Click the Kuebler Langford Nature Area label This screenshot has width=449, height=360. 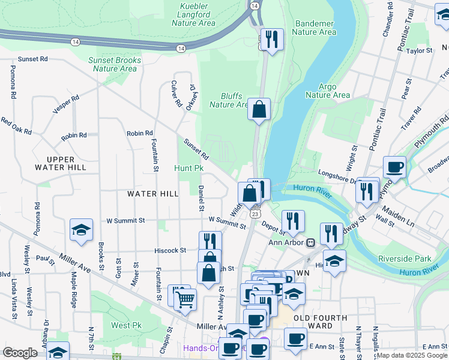click(x=193, y=14)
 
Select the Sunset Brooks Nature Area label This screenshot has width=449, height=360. click(x=115, y=64)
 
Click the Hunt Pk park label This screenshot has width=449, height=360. click(x=189, y=169)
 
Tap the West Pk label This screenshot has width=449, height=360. click(x=126, y=325)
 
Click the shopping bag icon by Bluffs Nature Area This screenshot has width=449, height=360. click(x=259, y=109)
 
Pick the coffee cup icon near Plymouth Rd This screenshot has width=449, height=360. click(x=395, y=167)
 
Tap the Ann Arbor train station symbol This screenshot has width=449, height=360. click(x=310, y=242)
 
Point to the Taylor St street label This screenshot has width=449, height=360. click(x=420, y=51)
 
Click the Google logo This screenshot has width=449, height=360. click(x=20, y=353)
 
